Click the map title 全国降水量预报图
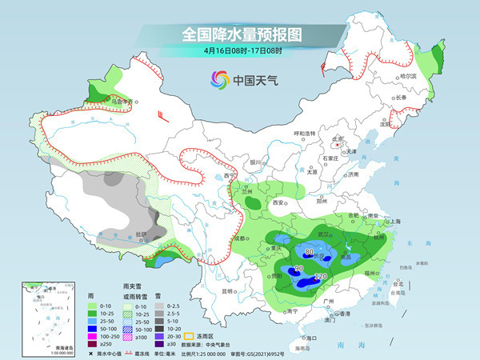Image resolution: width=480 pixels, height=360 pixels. [x=240, y=35]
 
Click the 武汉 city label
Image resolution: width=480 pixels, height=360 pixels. [x=324, y=233]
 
